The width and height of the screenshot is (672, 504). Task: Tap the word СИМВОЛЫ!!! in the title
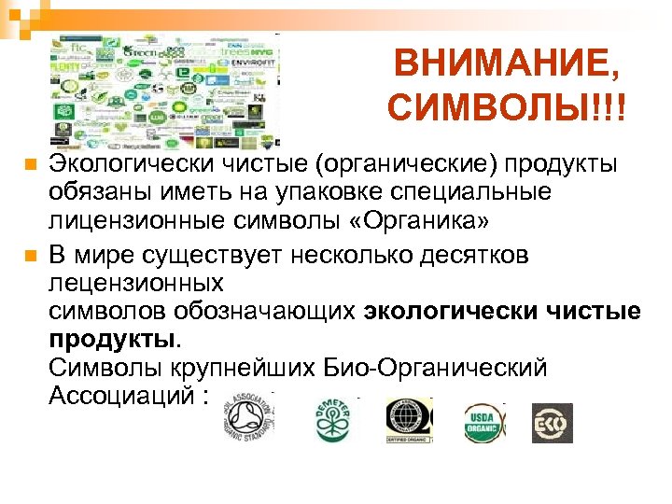pyautogui.click(x=505, y=110)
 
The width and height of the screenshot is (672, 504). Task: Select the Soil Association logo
pyautogui.click(x=245, y=416)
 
